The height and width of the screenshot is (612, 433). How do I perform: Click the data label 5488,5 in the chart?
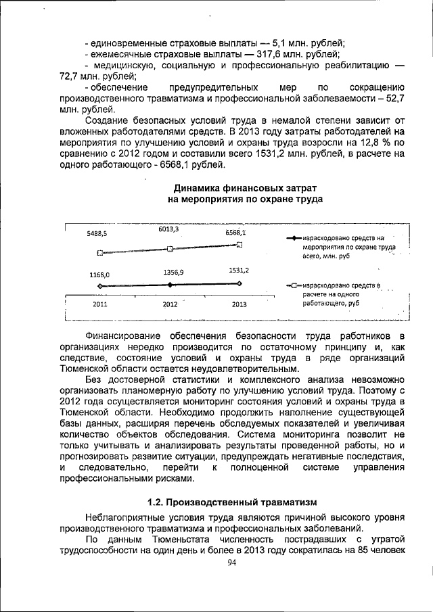tap(97, 233)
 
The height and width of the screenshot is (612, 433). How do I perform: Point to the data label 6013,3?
tap(168, 229)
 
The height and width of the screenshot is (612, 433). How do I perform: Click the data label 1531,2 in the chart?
tap(238, 270)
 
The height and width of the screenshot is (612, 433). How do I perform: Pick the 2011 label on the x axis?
tap(99, 304)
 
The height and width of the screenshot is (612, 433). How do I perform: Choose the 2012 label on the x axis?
tap(170, 304)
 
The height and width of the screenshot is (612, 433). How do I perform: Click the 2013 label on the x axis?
tap(239, 304)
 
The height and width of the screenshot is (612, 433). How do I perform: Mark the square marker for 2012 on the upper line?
tap(170, 249)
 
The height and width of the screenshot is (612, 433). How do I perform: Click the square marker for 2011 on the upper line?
tap(100, 253)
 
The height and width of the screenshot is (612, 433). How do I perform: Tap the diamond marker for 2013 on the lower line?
tap(240, 284)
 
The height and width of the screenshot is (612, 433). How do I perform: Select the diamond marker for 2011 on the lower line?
tap(100, 287)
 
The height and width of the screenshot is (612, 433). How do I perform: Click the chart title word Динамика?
tap(197, 187)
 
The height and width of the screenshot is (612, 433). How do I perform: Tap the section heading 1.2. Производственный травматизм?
tap(231, 502)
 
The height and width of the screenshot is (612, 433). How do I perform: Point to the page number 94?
tap(231, 563)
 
